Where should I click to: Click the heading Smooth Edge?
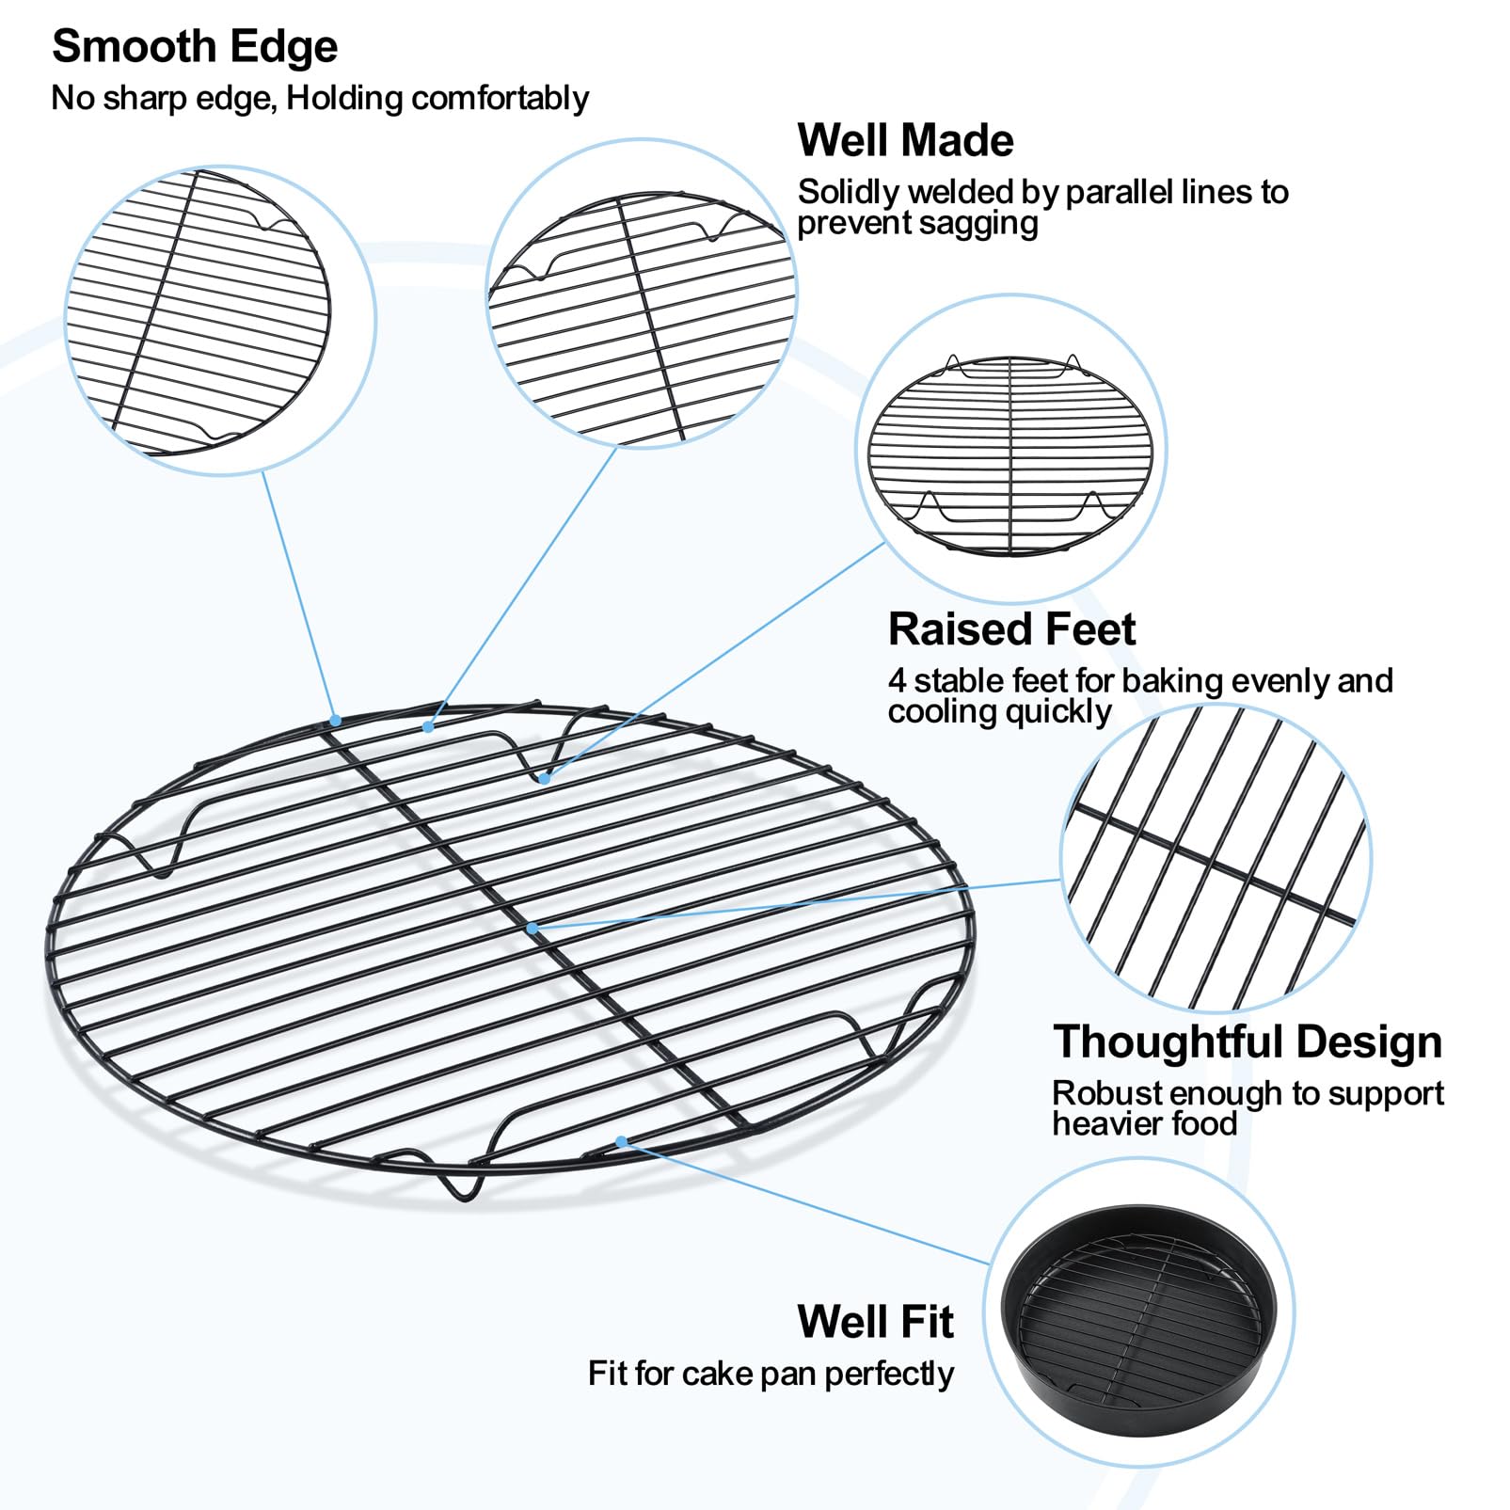[195, 47]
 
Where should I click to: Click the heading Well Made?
[905, 140]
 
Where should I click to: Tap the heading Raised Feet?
[1011, 628]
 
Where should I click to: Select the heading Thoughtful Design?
[1248, 1041]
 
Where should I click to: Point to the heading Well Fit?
[875, 1321]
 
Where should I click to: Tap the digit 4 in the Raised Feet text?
[897, 680]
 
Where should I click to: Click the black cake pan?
[1139, 1314]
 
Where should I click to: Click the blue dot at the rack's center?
[532, 929]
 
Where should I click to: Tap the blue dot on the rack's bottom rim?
[621, 1142]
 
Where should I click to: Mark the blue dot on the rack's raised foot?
[545, 779]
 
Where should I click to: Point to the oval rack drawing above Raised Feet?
[1010, 454]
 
